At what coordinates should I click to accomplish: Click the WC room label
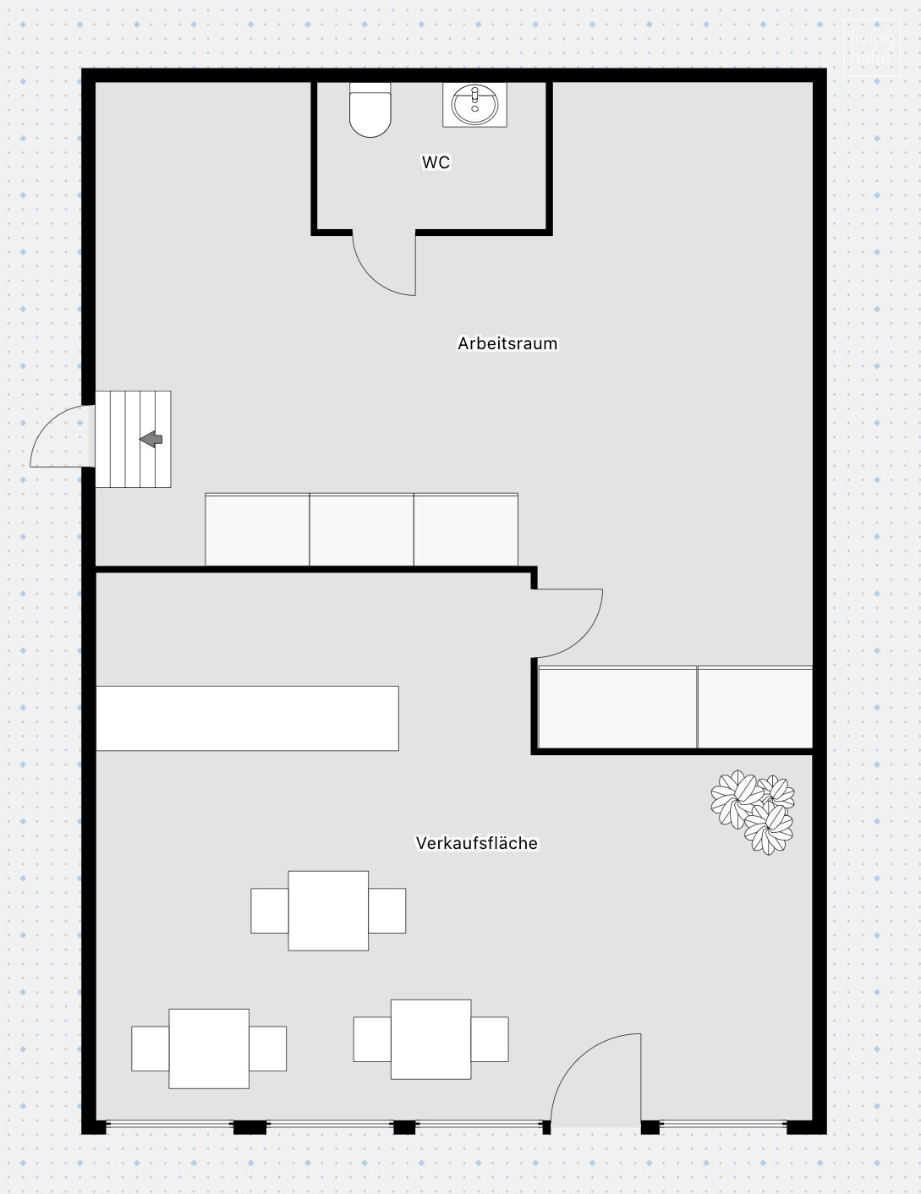click(436, 162)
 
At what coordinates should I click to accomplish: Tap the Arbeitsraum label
click(507, 343)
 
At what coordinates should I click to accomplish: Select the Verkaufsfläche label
click(476, 843)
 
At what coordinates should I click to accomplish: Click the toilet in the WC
click(370, 109)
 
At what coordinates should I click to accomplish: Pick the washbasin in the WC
click(474, 105)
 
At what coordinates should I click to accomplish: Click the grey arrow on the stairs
click(151, 439)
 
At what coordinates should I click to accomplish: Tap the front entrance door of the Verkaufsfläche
click(595, 1082)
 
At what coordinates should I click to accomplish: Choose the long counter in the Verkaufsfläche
click(247, 718)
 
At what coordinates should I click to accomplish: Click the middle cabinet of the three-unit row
click(361, 530)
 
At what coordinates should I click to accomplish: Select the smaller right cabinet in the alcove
click(755, 708)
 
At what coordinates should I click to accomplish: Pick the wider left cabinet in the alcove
click(617, 708)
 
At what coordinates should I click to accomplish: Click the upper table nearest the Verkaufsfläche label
click(328, 911)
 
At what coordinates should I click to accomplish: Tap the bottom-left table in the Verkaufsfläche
click(209, 1049)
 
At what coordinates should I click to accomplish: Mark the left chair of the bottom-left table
click(150, 1049)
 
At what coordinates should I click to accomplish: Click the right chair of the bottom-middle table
click(490, 1039)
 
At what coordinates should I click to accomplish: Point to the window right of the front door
click(723, 1125)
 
